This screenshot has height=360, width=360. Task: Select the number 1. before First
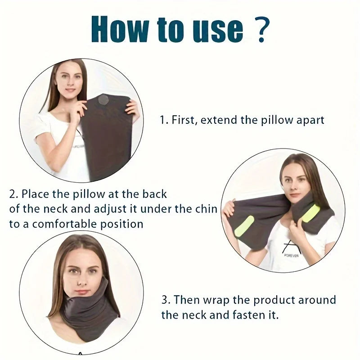pos(164,120)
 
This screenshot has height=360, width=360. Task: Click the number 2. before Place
pos(14,194)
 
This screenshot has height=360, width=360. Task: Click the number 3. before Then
pos(166,300)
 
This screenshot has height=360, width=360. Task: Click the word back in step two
pos(155,194)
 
